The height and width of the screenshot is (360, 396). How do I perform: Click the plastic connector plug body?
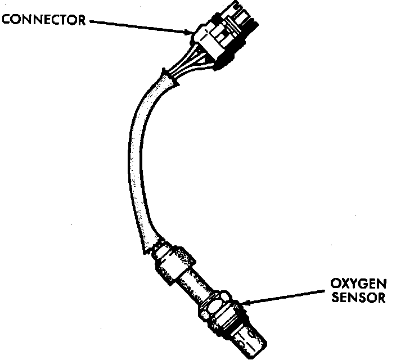(x=222, y=34)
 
